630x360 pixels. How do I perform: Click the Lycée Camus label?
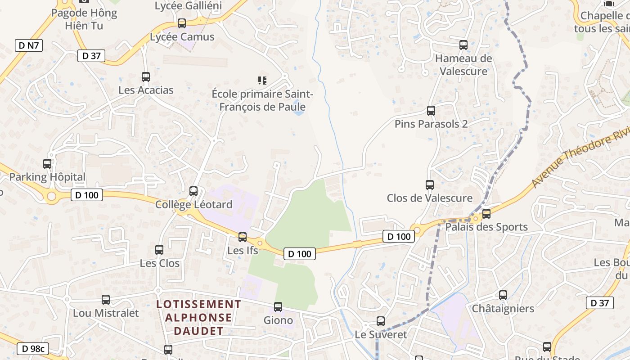(x=182, y=37)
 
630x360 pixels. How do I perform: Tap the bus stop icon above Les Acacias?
(x=145, y=77)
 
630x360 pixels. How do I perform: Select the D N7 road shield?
(x=29, y=45)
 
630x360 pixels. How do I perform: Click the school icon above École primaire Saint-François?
(x=262, y=81)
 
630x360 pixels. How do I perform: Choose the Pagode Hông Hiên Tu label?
(x=84, y=19)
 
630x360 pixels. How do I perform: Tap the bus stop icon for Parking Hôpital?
(x=47, y=164)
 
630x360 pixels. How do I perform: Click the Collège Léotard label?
(x=193, y=205)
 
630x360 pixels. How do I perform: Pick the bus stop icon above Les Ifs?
(x=243, y=237)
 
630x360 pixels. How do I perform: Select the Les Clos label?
(x=159, y=263)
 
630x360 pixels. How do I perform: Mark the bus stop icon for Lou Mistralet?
(x=106, y=300)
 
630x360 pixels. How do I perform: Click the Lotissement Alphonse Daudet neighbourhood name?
(x=198, y=318)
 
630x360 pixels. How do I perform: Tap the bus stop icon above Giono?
(x=278, y=307)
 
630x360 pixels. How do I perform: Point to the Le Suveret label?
(x=381, y=335)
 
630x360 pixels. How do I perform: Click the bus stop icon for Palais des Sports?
(x=486, y=214)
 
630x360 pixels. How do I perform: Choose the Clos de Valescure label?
(x=429, y=198)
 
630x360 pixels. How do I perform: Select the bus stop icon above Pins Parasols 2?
(x=431, y=111)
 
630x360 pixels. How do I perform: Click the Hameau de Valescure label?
(x=463, y=65)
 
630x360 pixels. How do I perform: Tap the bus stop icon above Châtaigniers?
(x=503, y=295)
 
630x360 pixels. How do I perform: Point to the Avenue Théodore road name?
(x=580, y=160)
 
